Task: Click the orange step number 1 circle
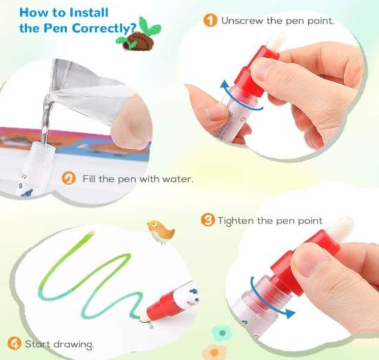(x=210, y=20)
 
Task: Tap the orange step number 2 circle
(x=69, y=179)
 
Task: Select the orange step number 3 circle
(x=207, y=220)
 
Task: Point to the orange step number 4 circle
(x=14, y=343)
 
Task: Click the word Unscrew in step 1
(x=242, y=21)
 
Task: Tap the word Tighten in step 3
(x=236, y=221)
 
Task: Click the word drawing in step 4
(x=73, y=345)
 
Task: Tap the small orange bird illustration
(x=161, y=231)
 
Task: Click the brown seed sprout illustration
(x=139, y=35)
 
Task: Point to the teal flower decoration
(x=222, y=332)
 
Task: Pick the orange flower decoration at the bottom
(x=214, y=352)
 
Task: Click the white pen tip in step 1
(x=276, y=41)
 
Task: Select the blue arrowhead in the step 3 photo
(x=289, y=313)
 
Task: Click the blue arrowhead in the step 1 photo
(x=225, y=86)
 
